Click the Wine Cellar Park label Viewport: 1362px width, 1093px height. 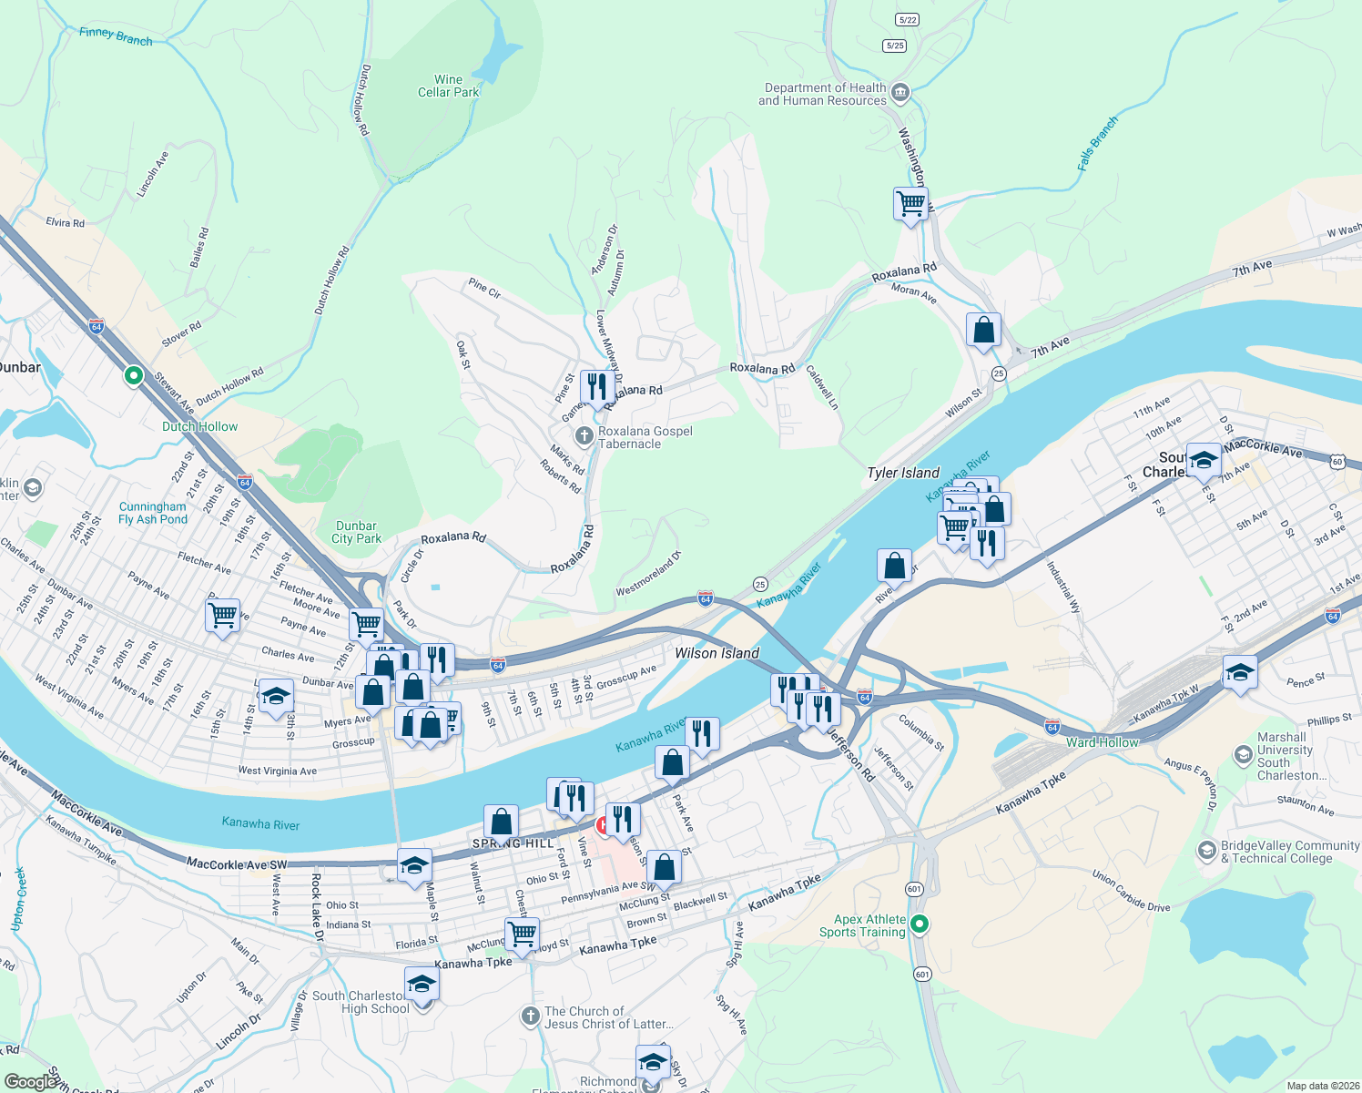click(448, 87)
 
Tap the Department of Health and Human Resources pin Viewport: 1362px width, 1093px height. click(900, 92)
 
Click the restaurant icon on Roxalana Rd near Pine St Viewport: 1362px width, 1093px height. click(596, 387)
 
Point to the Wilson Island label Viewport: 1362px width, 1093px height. click(717, 653)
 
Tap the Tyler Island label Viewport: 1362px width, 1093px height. click(902, 473)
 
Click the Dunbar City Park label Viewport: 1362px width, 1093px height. click(356, 532)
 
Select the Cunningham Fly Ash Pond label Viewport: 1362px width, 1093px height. click(153, 513)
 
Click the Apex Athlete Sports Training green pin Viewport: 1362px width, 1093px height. click(920, 925)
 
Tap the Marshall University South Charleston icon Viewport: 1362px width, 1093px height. click(1243, 755)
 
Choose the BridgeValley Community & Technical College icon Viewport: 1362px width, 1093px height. click(1206, 851)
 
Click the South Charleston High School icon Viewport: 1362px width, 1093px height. click(422, 986)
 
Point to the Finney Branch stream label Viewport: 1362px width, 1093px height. click(116, 36)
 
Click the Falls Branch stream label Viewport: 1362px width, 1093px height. click(1097, 144)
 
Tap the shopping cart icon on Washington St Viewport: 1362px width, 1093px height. click(910, 204)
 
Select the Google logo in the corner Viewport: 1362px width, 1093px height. click(30, 1081)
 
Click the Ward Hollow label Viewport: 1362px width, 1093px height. click(1102, 742)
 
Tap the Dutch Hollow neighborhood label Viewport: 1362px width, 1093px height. click(199, 426)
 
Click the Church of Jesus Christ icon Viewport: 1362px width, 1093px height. click(531, 1016)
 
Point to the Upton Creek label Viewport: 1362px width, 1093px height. click(17, 899)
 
